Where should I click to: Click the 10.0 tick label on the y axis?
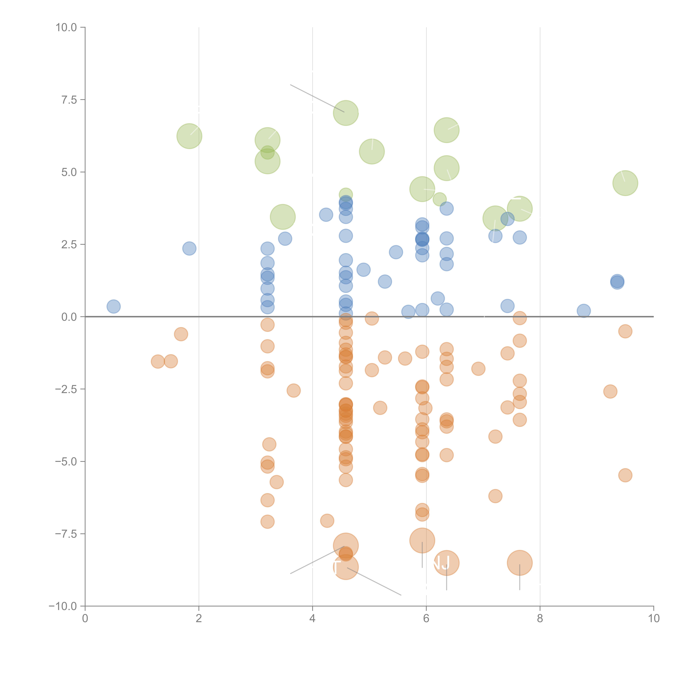tap(66, 28)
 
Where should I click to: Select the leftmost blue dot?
tap(113, 306)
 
